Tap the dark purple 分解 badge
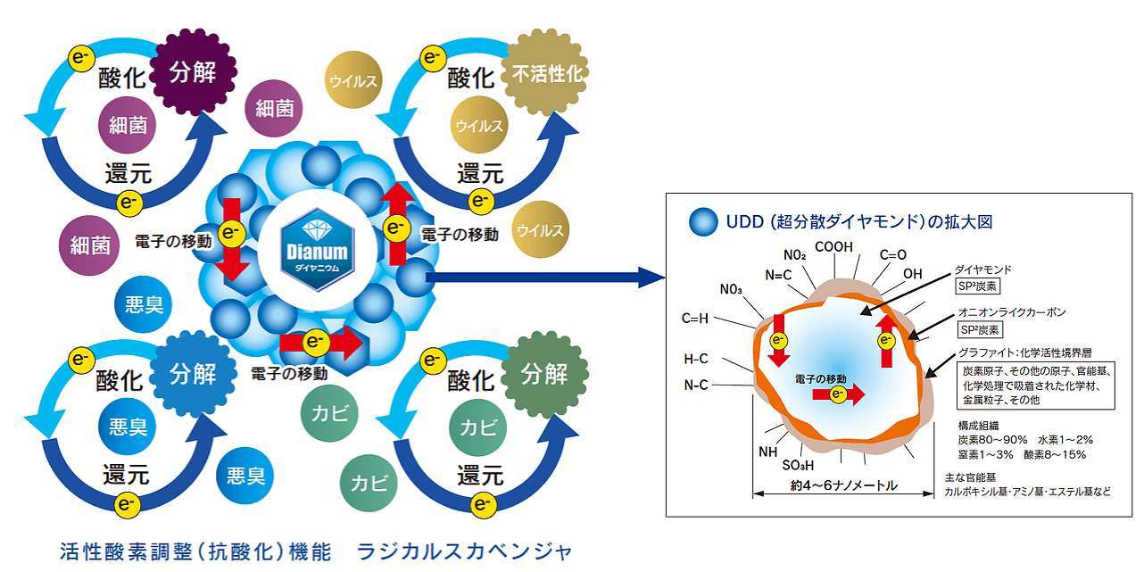tap(192, 72)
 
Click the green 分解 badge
tap(543, 373)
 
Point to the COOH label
tap(834, 247)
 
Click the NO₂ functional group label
tap(794, 255)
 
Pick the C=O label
tap(892, 254)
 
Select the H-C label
tap(696, 359)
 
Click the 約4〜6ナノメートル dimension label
tap(843, 486)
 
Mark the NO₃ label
tap(731, 289)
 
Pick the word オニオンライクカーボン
tap(1011, 312)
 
